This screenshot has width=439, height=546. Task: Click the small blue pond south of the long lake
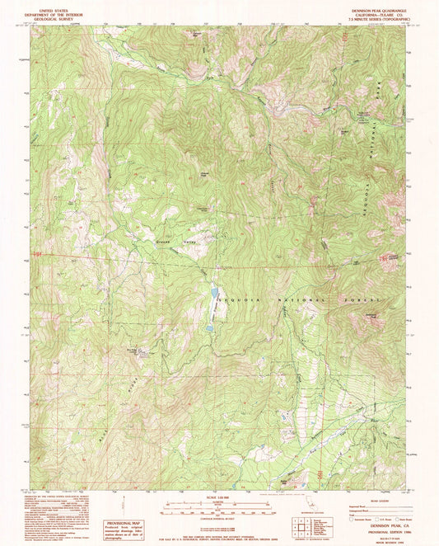(209, 327)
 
